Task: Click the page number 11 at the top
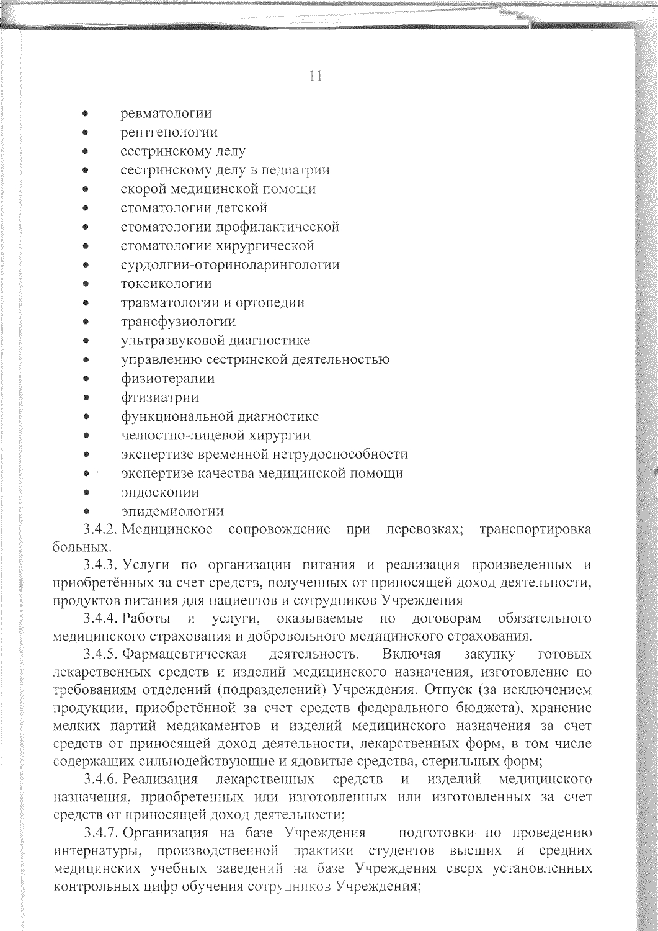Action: click(315, 77)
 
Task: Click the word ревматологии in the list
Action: click(166, 114)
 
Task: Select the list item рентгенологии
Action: click(169, 132)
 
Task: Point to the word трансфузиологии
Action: click(178, 322)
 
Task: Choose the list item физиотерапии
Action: click(168, 379)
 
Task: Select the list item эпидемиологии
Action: click(172, 511)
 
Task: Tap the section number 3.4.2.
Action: click(101, 530)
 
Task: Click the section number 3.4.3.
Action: click(101, 565)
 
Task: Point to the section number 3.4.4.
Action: click(101, 619)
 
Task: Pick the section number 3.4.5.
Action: click(101, 654)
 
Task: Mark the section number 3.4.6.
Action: click(101, 779)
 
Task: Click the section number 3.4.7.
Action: click(101, 832)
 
